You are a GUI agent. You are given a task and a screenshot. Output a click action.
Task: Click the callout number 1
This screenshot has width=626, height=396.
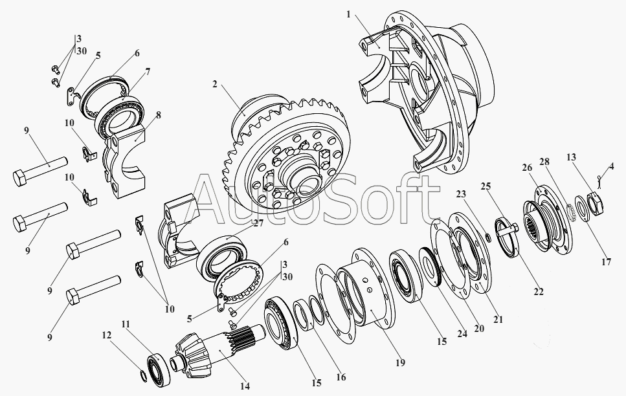coord(348,15)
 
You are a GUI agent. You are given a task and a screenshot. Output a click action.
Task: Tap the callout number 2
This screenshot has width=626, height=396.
coord(215,84)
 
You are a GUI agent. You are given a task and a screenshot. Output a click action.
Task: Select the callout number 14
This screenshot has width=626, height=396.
coord(245,386)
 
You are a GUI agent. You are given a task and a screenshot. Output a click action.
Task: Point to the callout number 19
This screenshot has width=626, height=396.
coord(401,362)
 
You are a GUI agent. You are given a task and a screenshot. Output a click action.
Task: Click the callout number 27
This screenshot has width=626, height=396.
coord(259,223)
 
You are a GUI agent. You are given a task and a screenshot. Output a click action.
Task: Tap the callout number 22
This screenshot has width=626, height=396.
coord(539,292)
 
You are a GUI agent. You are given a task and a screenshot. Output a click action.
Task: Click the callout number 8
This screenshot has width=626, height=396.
coord(159,115)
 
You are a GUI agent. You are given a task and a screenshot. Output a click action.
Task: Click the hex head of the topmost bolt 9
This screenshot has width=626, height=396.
coord(20,179)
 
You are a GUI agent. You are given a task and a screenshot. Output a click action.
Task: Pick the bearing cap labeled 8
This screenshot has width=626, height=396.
coord(126,161)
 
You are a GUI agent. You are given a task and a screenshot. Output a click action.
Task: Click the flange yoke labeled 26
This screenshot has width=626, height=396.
coord(548,221)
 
